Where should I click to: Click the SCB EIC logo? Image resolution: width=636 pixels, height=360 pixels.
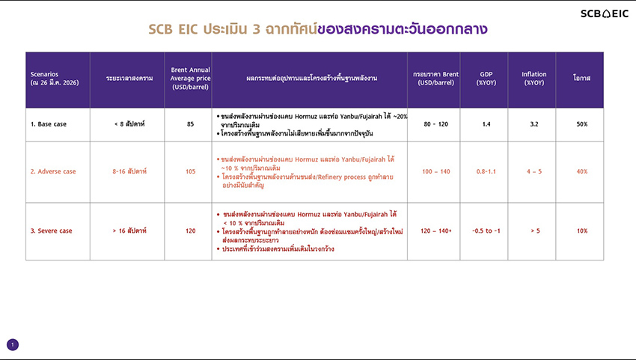pos(605,13)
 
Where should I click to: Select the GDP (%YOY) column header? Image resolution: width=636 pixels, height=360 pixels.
pos(486,79)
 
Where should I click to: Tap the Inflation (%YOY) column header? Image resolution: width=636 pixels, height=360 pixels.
pos(534,79)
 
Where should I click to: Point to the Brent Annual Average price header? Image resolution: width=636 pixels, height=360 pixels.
pos(190,79)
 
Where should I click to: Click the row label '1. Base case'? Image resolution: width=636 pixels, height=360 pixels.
pos(49,124)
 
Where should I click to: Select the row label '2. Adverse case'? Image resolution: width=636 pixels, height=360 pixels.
pos(53,171)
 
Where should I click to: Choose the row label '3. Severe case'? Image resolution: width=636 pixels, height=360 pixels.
pos(51,231)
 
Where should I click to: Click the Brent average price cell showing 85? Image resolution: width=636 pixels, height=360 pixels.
pos(190,124)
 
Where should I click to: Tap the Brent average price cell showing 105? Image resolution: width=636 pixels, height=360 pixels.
pos(190,171)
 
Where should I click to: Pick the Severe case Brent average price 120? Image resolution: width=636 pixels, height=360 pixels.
pos(190,231)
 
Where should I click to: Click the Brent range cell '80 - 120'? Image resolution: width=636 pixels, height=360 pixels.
pos(434,124)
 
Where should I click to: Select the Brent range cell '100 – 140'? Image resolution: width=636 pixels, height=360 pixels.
pos(434,171)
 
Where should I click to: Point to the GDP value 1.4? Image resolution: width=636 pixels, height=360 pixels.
pos(486,124)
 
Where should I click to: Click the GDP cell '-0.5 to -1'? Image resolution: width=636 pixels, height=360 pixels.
pos(486,231)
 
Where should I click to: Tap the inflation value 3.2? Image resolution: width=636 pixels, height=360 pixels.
pos(534,124)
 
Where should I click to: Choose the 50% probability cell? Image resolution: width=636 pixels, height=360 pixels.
pos(582,124)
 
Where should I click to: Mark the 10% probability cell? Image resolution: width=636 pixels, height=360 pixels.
pos(582,231)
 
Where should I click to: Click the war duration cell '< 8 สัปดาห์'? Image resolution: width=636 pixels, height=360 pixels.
pos(126,124)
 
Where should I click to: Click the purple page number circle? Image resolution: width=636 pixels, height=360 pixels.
pos(12,344)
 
